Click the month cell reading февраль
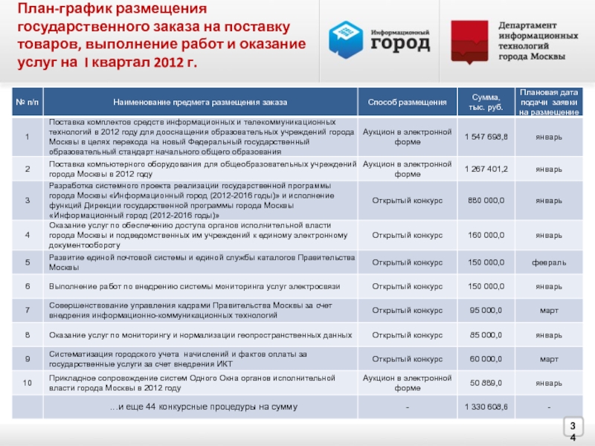point(549,262)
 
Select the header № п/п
point(27,101)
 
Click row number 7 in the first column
point(27,310)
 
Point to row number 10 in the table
point(27,383)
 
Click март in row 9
point(549,359)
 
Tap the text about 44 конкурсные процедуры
point(203,407)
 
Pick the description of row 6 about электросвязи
point(193,286)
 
